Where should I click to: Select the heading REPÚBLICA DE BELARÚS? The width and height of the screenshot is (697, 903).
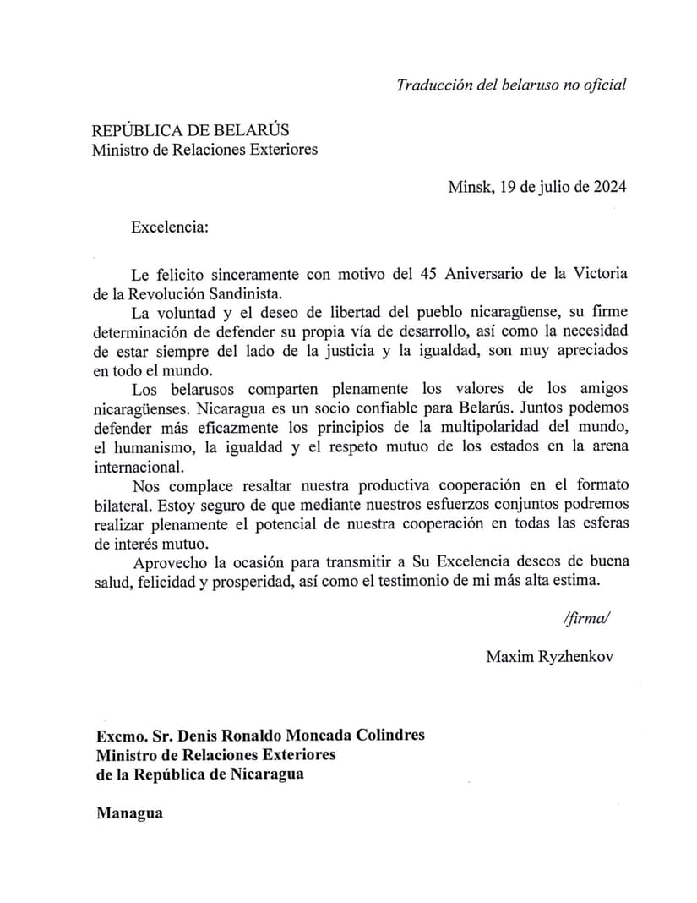190,130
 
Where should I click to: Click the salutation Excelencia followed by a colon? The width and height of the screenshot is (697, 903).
169,227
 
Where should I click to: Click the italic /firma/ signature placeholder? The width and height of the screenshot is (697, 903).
585,618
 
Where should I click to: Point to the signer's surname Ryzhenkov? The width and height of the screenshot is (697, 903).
574,657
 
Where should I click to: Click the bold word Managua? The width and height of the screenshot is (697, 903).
129,813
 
